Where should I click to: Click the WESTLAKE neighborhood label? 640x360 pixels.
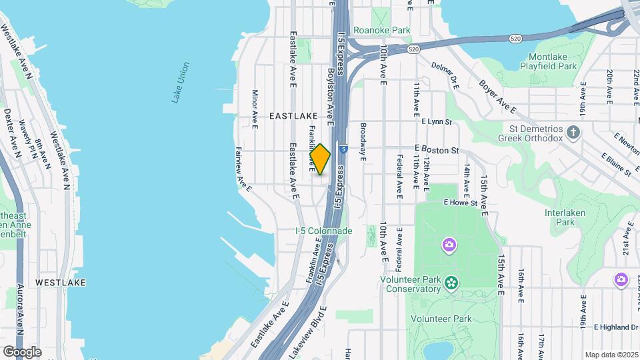point(60,283)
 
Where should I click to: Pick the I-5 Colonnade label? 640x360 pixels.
point(324,231)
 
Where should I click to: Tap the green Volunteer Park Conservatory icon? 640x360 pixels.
point(452,283)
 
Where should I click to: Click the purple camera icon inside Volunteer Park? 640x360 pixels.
point(449,245)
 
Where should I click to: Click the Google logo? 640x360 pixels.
point(22,351)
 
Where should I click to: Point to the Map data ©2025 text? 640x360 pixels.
point(611,355)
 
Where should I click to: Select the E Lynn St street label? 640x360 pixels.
point(437,122)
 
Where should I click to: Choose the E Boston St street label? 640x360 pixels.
point(437,150)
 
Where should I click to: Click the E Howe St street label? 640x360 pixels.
point(461,202)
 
